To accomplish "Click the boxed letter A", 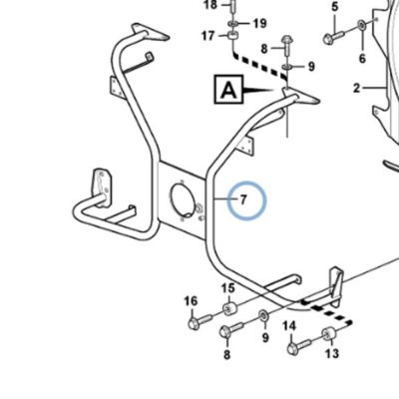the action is pos(229,89).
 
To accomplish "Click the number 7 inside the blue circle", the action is pos(243,199).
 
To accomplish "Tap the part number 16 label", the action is pos(191,301).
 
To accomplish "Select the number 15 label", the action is pos(227,288).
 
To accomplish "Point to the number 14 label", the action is pos(289,326).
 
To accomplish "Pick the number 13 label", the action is pos(332,353).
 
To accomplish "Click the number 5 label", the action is pos(335,6).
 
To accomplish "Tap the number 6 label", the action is pos(362,59).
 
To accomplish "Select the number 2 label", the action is pos(356,89).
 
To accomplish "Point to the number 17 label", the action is pos(208,36).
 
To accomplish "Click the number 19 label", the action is pos(259,23).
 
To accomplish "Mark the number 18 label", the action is pos(209,5).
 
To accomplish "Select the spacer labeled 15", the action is pos(228,308).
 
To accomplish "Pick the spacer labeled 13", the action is pos(327,333).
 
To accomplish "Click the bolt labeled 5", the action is pos(335,36).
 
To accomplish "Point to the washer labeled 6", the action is pos(361,25).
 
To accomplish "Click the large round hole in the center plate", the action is pos(183,201).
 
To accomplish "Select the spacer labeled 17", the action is pos(232,35).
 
